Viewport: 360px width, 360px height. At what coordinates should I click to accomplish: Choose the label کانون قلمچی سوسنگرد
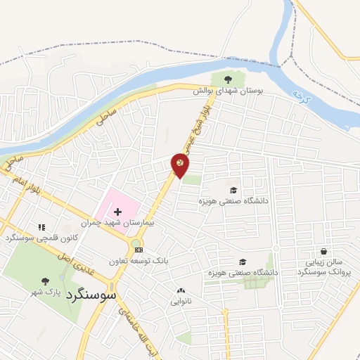40,238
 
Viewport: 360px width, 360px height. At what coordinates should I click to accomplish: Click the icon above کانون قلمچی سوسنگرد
41,227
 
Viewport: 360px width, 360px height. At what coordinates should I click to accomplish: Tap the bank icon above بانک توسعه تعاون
138,250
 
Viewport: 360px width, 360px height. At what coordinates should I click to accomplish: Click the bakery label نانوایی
181,302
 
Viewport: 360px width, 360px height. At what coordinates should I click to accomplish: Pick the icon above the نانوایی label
181,291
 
